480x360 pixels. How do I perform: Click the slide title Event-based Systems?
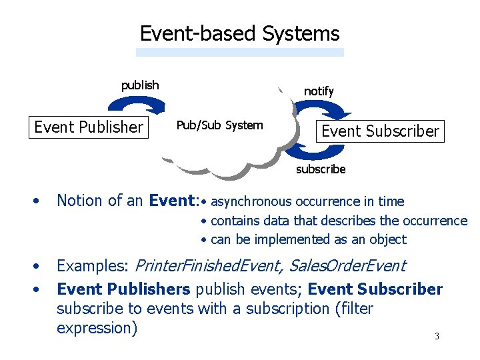239,33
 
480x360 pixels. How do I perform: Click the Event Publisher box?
89,127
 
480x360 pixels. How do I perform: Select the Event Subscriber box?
381,131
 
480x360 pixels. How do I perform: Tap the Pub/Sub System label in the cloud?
219,125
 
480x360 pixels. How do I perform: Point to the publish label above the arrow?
140,85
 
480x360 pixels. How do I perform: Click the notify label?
319,91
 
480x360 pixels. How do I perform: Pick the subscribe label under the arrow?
321,169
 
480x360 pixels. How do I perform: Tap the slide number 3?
437,336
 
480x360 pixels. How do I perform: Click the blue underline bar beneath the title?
240,52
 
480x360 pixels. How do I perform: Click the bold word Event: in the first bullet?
173,201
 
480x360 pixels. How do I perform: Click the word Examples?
93,266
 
